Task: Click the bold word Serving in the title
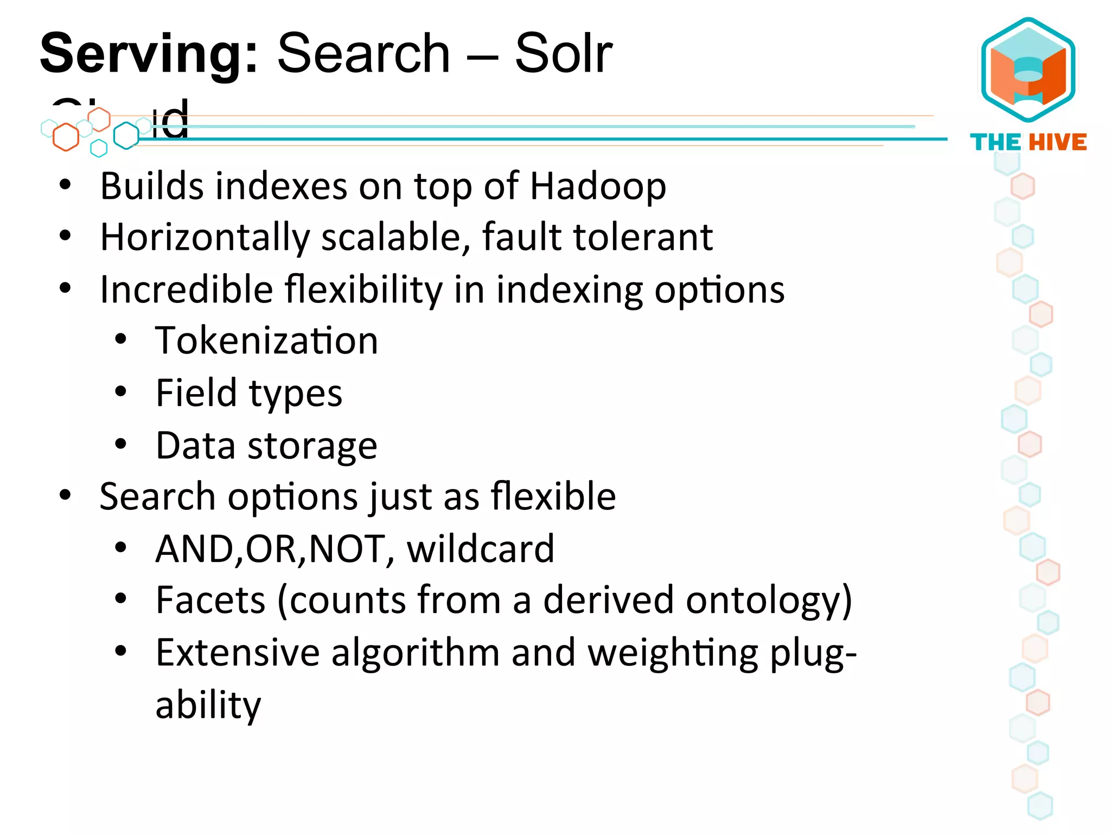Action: coord(148,54)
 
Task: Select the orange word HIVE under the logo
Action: coord(1058,142)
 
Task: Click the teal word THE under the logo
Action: coord(995,142)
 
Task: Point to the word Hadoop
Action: coord(598,186)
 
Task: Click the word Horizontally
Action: coord(205,237)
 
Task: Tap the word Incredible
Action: coord(187,289)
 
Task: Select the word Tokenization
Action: coord(266,340)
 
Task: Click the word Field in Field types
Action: coord(196,393)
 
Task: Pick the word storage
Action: coord(312,446)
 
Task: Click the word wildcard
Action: coord(481,548)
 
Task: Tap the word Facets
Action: coord(210,600)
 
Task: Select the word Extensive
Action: coord(238,652)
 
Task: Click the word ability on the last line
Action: coord(208,704)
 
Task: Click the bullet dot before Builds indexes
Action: coord(65,185)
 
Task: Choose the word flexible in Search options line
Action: coord(553,496)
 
